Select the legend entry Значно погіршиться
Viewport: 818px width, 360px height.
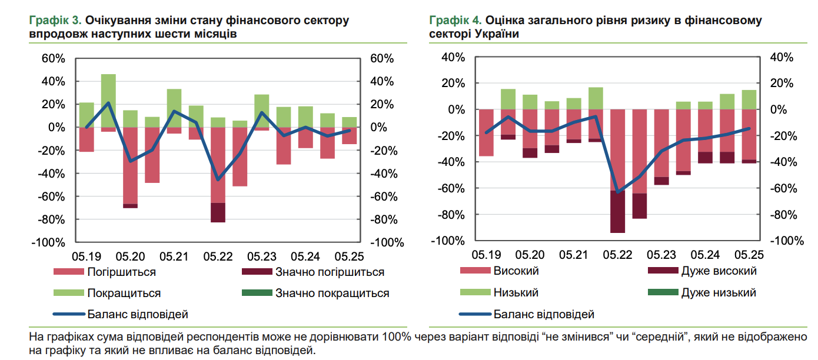tap(330, 272)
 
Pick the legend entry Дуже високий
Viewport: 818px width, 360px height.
tap(719, 271)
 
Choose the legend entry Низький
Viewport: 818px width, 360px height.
tap(516, 292)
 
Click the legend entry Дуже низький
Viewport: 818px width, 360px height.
tap(719, 292)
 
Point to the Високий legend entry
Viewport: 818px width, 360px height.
tap(516, 271)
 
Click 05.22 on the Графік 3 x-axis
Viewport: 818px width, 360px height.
tap(218, 256)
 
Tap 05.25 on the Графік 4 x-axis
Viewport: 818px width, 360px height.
tap(749, 255)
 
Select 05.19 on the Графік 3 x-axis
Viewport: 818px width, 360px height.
tap(87, 256)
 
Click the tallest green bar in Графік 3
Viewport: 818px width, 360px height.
tap(108, 100)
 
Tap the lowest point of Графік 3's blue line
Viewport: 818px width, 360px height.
tap(218, 179)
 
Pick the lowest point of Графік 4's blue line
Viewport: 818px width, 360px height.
tap(618, 192)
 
